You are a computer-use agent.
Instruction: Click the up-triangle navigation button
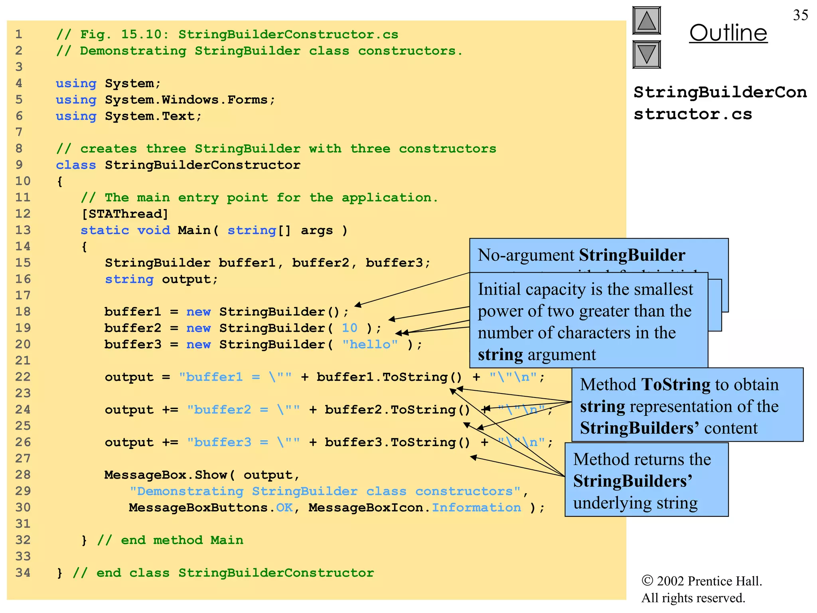coord(646,21)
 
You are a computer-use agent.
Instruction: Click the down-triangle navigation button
coord(646,55)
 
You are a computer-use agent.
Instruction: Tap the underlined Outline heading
coord(728,33)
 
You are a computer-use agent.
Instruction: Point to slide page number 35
coord(800,15)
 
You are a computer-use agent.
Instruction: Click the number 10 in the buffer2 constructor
coord(349,328)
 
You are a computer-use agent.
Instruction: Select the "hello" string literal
coord(370,344)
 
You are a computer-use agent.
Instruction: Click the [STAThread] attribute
coord(124,214)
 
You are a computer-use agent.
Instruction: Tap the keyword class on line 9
coord(76,165)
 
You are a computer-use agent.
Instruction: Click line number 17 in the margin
coord(23,295)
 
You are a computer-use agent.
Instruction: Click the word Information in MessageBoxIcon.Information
coord(476,508)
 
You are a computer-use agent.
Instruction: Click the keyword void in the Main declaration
coord(154,230)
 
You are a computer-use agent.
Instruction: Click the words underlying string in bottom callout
coord(635,503)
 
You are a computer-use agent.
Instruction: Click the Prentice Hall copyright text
coord(701,581)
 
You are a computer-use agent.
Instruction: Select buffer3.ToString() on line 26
coord(397,442)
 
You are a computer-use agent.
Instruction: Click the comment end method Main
coord(170,540)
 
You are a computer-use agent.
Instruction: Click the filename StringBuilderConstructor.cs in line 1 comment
coord(288,34)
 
